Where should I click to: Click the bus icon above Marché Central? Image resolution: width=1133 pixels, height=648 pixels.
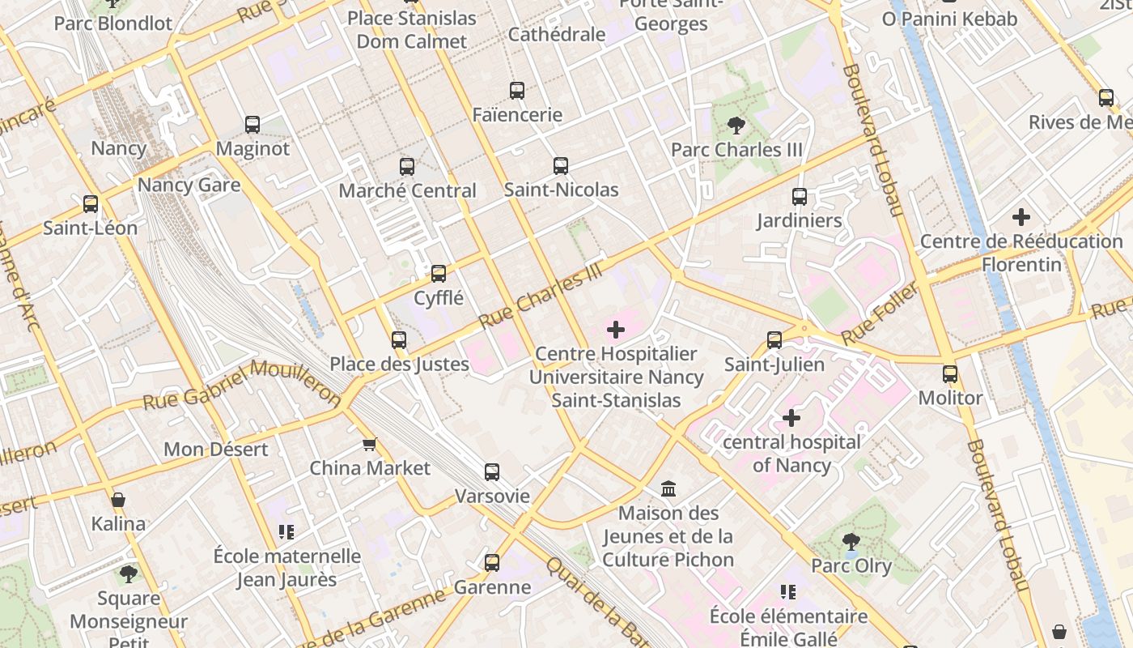click(407, 167)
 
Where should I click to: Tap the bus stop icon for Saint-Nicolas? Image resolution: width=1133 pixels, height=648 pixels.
click(561, 166)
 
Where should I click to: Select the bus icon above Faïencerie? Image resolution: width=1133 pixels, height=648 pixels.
click(517, 91)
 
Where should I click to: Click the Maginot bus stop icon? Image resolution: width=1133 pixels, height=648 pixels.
click(252, 125)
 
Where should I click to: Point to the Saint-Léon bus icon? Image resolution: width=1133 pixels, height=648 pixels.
click(91, 204)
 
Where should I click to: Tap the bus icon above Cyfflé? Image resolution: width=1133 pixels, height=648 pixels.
click(439, 274)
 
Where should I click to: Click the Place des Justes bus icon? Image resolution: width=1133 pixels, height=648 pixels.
click(399, 340)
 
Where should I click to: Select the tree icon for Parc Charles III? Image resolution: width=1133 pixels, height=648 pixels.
click(736, 126)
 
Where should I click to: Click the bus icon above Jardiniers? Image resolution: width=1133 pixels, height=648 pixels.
click(800, 196)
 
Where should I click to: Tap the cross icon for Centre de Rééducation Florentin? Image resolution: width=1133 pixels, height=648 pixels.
click(1021, 217)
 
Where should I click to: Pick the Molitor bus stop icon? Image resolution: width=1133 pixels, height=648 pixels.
click(950, 374)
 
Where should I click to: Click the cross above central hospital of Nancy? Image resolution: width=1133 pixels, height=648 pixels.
click(791, 418)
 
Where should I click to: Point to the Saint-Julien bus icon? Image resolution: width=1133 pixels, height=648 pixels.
click(774, 340)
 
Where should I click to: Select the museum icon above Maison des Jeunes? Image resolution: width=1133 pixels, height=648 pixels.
click(668, 488)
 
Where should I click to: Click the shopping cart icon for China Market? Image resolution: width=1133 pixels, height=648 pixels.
click(370, 444)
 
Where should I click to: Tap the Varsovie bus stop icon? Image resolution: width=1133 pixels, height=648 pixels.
click(492, 472)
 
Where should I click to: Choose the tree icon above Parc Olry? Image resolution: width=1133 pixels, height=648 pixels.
click(851, 541)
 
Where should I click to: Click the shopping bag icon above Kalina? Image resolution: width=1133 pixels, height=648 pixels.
click(118, 500)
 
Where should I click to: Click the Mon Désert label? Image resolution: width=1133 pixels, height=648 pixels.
click(216, 450)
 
